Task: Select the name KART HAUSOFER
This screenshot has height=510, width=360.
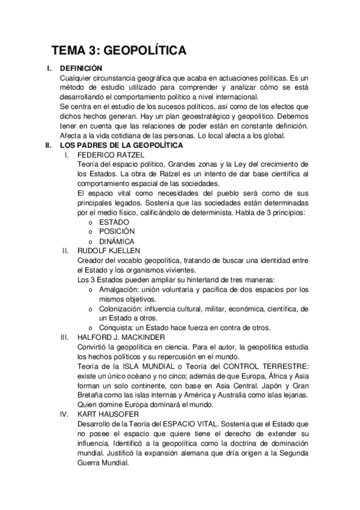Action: (108, 414)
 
